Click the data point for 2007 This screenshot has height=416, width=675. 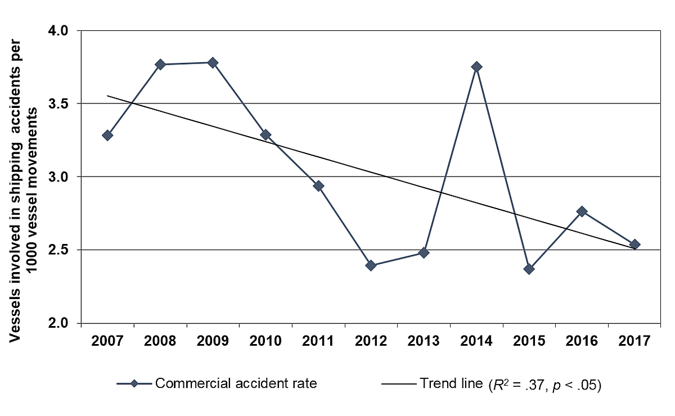coord(107,135)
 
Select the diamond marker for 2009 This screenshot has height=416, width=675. coord(213,62)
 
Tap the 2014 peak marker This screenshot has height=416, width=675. coord(476,67)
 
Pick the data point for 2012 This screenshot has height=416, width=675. coord(371,265)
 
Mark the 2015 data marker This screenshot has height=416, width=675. coord(529,269)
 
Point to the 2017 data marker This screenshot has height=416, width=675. coord(635,245)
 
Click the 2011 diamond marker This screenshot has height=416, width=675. coord(318,186)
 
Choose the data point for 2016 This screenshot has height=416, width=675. coord(582,211)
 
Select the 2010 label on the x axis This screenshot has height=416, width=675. coord(265,341)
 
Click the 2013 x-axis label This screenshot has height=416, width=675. coord(424,341)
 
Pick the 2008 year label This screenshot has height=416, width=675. coord(160,341)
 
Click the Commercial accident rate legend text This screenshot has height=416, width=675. coord(236,384)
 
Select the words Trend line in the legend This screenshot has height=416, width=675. coord(450,384)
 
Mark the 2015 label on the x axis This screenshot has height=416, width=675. coord(529,341)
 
